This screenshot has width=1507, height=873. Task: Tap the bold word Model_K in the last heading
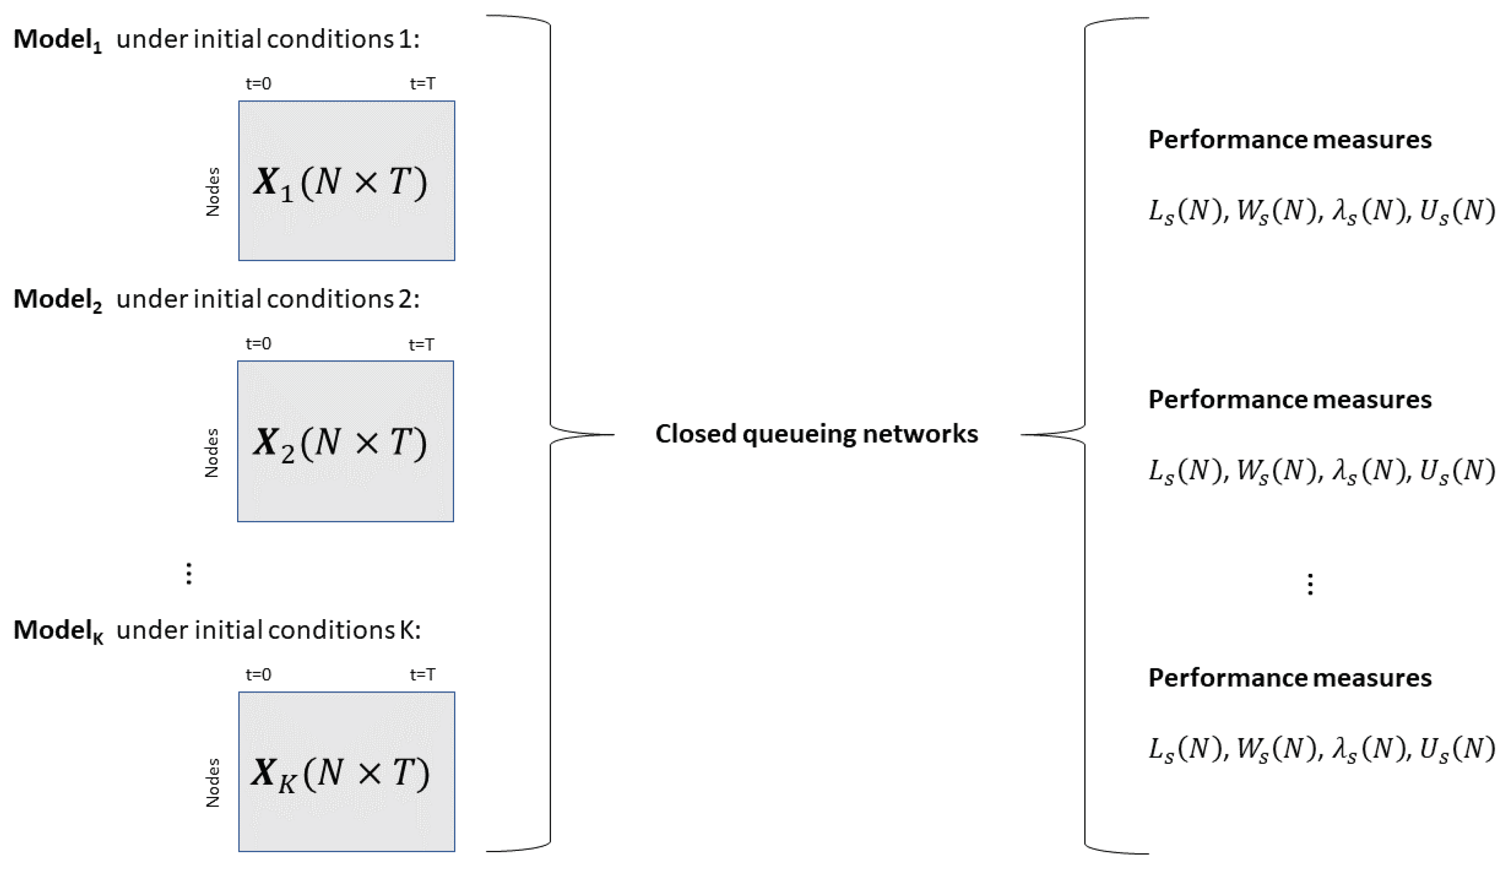(58, 631)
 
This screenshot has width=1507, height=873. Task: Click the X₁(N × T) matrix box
(346, 181)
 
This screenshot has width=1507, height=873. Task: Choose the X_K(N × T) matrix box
(346, 771)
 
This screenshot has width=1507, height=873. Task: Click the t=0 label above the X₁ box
(258, 84)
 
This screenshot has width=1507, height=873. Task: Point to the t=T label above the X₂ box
(422, 344)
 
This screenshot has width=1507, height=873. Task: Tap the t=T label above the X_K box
(422, 675)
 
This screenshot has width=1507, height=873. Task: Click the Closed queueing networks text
(816, 434)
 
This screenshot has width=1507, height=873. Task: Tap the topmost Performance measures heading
(1290, 140)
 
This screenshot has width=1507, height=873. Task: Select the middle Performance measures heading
(1290, 400)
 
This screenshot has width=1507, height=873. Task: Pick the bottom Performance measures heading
(1290, 678)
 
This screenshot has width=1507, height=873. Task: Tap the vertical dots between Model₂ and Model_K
(189, 573)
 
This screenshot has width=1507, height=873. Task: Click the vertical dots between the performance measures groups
(1310, 584)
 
